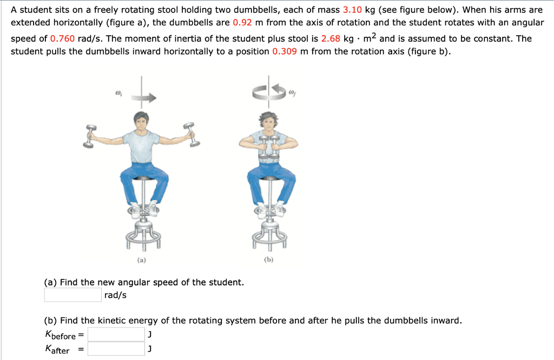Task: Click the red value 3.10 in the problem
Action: (x=352, y=10)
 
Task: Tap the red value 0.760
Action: (x=62, y=39)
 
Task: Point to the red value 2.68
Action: (x=331, y=39)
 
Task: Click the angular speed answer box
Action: (x=72, y=295)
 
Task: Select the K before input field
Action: (x=116, y=335)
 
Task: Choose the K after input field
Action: (x=116, y=349)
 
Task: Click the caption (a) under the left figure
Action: (x=141, y=260)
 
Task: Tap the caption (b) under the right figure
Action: (x=268, y=260)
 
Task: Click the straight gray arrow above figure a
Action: (x=144, y=98)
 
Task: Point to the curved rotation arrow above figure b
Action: (x=268, y=92)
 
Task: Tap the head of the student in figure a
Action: (x=141, y=120)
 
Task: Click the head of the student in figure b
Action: (x=268, y=120)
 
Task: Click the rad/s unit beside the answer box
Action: (x=115, y=296)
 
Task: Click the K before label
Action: (x=61, y=336)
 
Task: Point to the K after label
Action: (x=57, y=350)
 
